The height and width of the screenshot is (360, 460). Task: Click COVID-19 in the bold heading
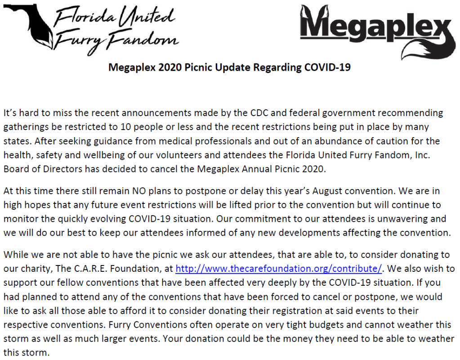pyautogui.click(x=327, y=67)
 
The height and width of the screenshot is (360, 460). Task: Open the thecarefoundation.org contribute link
pyautogui.click(x=278, y=269)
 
